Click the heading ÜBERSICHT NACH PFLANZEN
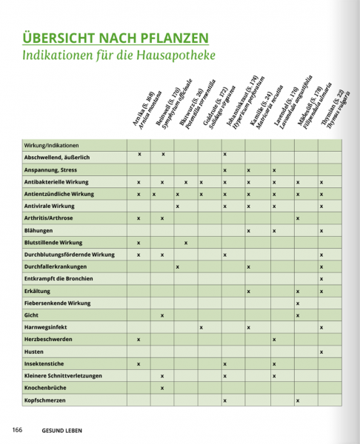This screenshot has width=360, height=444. coord(115,38)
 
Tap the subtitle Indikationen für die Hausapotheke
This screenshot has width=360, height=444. coord(119,55)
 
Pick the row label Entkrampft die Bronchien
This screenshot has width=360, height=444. coord(61,279)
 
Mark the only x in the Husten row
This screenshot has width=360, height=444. coord(321,351)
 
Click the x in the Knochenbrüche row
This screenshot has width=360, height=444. coord(161,387)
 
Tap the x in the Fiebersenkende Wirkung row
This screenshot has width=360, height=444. coord(297,303)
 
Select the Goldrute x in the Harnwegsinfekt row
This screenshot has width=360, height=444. coord(201,326)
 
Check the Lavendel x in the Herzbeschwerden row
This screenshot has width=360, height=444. coord(273,339)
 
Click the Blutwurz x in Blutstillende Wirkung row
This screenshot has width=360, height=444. coord(185,242)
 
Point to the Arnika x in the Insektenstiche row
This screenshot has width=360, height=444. coord(139,363)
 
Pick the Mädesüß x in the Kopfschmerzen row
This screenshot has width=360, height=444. coord(297,400)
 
